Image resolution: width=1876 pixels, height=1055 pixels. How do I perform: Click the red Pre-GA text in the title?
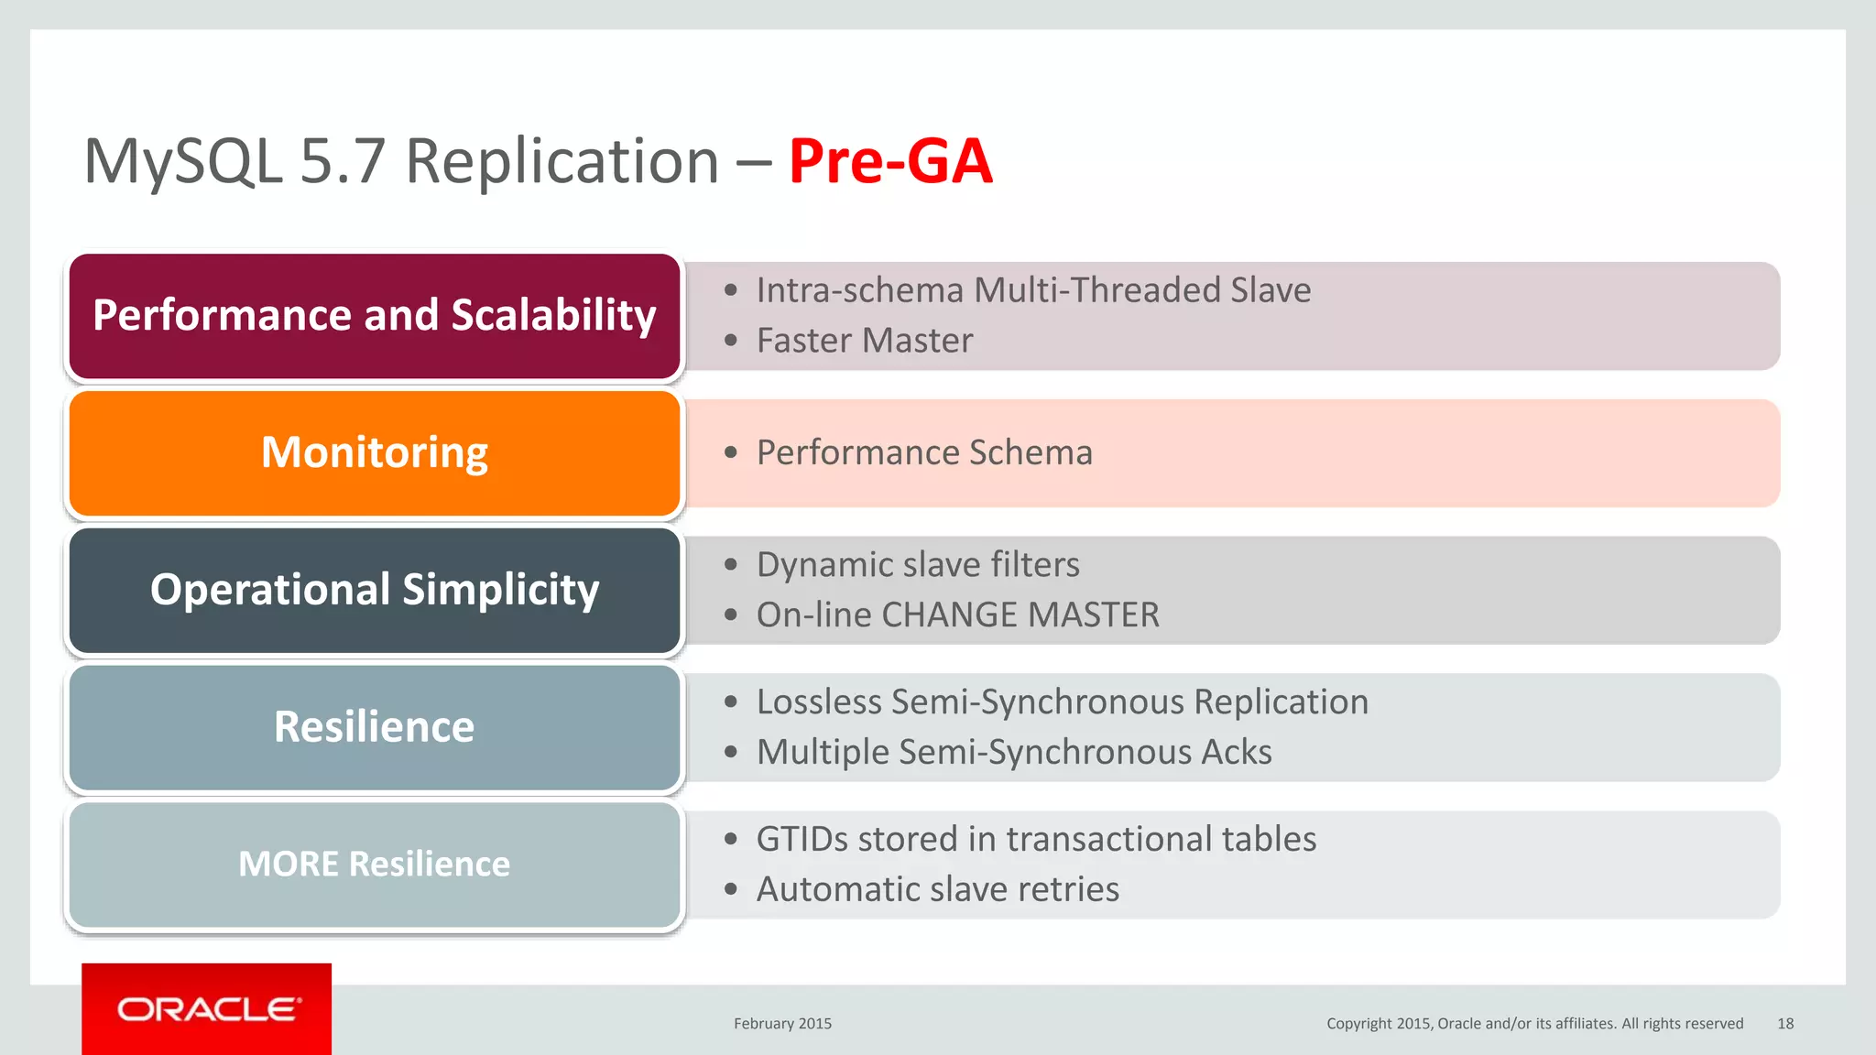click(x=889, y=161)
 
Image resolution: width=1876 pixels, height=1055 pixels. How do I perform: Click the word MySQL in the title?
click(x=183, y=161)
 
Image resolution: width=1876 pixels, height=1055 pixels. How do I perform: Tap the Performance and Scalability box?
click(x=375, y=315)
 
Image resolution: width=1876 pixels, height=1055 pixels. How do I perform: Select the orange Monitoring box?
click(x=375, y=452)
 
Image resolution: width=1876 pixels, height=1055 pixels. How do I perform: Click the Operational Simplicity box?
click(x=375, y=590)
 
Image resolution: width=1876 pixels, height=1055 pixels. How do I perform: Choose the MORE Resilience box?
click(x=375, y=865)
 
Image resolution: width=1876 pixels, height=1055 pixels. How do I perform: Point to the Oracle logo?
click(x=207, y=1009)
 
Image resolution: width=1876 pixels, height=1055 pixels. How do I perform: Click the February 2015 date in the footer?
click(x=782, y=1024)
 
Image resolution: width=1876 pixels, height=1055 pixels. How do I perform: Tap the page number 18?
click(x=1785, y=1024)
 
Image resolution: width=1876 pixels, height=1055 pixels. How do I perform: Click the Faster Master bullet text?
click(x=864, y=341)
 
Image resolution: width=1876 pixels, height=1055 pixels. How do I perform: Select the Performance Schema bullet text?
click(x=923, y=452)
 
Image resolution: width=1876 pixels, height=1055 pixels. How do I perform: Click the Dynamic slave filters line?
click(x=917, y=565)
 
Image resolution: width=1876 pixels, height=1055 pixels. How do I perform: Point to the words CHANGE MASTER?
click(x=1020, y=615)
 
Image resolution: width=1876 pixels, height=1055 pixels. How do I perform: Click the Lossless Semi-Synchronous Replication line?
click(x=1062, y=702)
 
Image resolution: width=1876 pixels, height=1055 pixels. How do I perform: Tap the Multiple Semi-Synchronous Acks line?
click(x=1013, y=752)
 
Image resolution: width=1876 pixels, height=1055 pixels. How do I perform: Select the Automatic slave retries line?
click(x=937, y=889)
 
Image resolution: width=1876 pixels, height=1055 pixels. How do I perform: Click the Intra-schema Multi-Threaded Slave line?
click(x=1032, y=290)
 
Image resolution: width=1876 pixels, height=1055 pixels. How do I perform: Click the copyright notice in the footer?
click(x=1534, y=1024)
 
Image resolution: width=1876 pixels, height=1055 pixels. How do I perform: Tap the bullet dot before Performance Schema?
click(x=730, y=452)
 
